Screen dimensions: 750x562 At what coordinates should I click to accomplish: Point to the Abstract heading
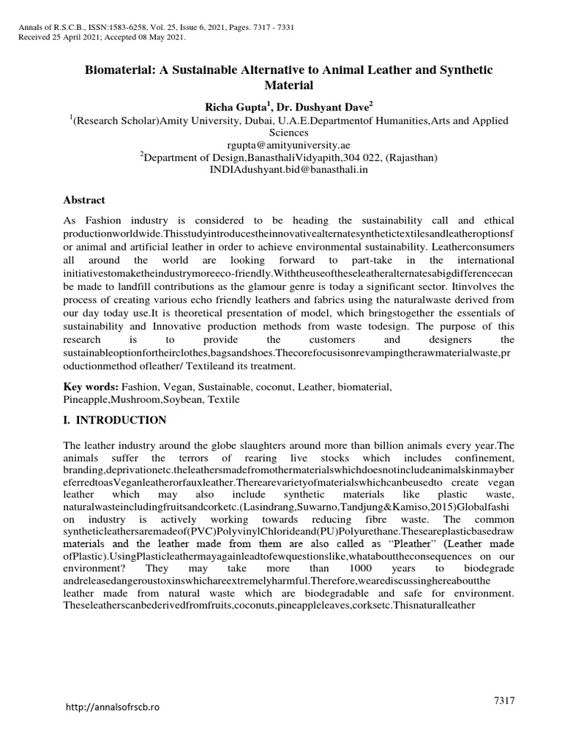(84, 200)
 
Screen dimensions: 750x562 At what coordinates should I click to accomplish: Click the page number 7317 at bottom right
(506, 701)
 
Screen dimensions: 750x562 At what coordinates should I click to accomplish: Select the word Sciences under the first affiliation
(281, 133)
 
